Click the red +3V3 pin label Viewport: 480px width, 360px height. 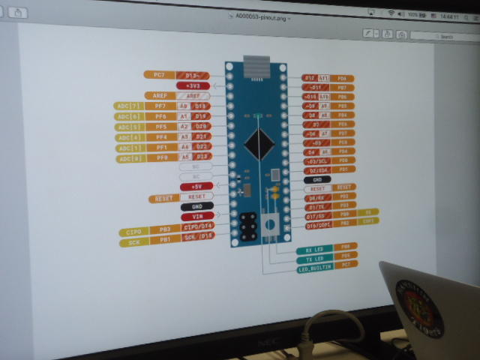click(x=194, y=85)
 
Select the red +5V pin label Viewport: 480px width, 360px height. click(x=196, y=186)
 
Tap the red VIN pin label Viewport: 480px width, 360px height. click(x=197, y=216)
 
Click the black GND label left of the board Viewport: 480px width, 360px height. click(x=197, y=206)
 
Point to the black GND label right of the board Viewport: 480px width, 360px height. click(x=317, y=180)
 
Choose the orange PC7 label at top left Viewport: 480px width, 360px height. click(x=159, y=75)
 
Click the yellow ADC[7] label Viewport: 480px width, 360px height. click(x=127, y=106)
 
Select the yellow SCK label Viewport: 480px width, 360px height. click(x=134, y=243)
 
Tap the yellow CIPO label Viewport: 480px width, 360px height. click(x=134, y=232)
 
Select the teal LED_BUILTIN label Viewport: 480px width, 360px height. click(x=315, y=268)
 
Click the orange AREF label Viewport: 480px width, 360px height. click(x=160, y=96)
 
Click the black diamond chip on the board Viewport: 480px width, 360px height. click(x=259, y=143)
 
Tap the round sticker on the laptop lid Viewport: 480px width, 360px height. click(x=420, y=307)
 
